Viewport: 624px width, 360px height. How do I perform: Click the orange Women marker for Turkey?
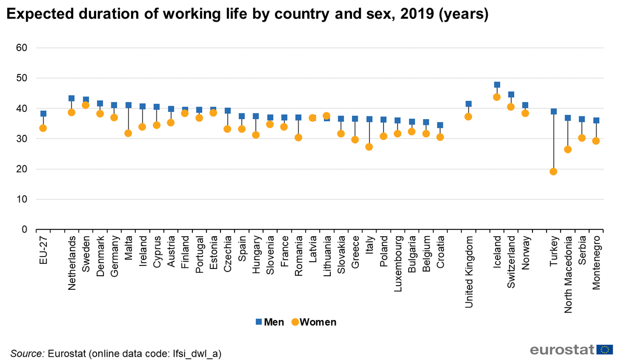553,172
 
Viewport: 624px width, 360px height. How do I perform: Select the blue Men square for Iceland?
497,85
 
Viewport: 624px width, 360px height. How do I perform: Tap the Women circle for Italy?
369,147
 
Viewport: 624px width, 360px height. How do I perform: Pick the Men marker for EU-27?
43,114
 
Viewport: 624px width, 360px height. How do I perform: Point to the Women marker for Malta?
128,134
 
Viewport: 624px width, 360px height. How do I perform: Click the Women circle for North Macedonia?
568,150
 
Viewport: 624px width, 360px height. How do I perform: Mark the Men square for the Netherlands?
72,98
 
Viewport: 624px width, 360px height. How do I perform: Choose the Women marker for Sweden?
85,105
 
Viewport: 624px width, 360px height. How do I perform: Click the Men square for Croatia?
440,125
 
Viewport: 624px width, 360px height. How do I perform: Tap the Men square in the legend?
259,322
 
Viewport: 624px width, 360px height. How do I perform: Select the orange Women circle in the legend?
295,322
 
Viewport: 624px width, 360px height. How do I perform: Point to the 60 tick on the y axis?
22,48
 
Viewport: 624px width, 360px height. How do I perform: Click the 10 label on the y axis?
22,199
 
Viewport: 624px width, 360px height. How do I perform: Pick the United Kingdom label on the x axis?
469,272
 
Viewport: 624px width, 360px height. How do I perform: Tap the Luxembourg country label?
398,264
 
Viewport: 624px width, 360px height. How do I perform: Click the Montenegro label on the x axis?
596,263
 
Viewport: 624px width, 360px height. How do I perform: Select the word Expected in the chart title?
40,14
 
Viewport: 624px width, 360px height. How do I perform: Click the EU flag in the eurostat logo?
605,350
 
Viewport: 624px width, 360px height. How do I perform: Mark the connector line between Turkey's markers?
553,142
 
